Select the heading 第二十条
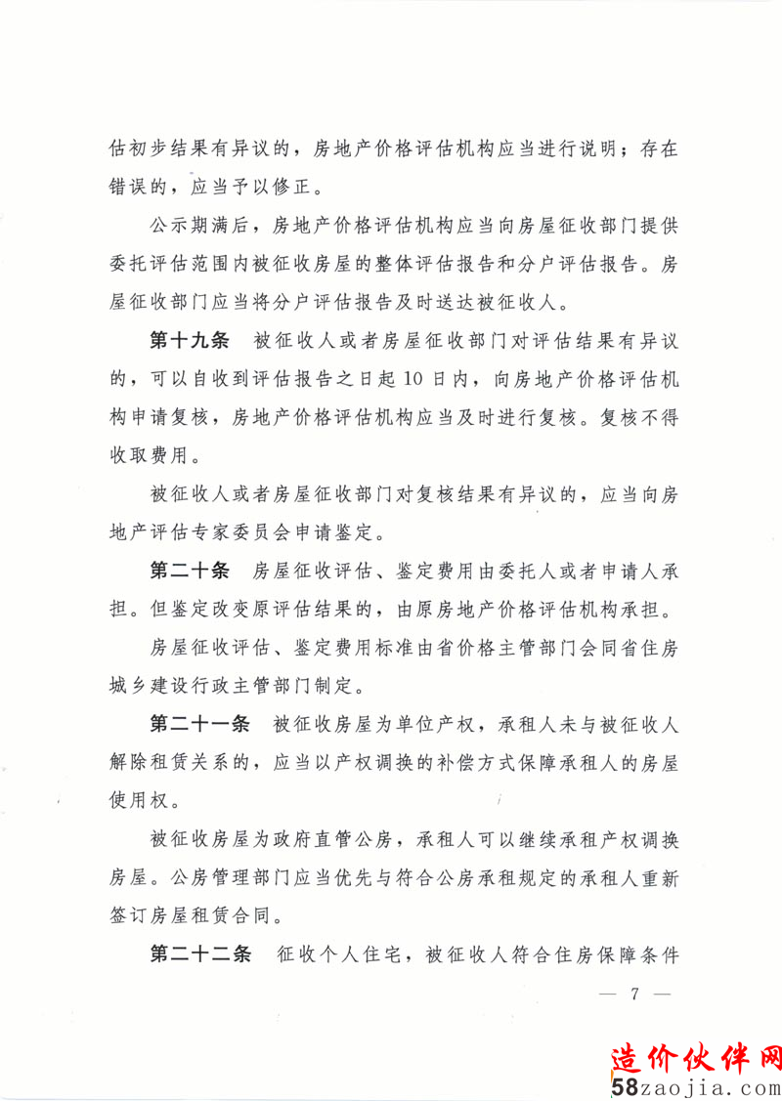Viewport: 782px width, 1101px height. [x=189, y=571]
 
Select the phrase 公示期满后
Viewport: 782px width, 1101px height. [x=201, y=227]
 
